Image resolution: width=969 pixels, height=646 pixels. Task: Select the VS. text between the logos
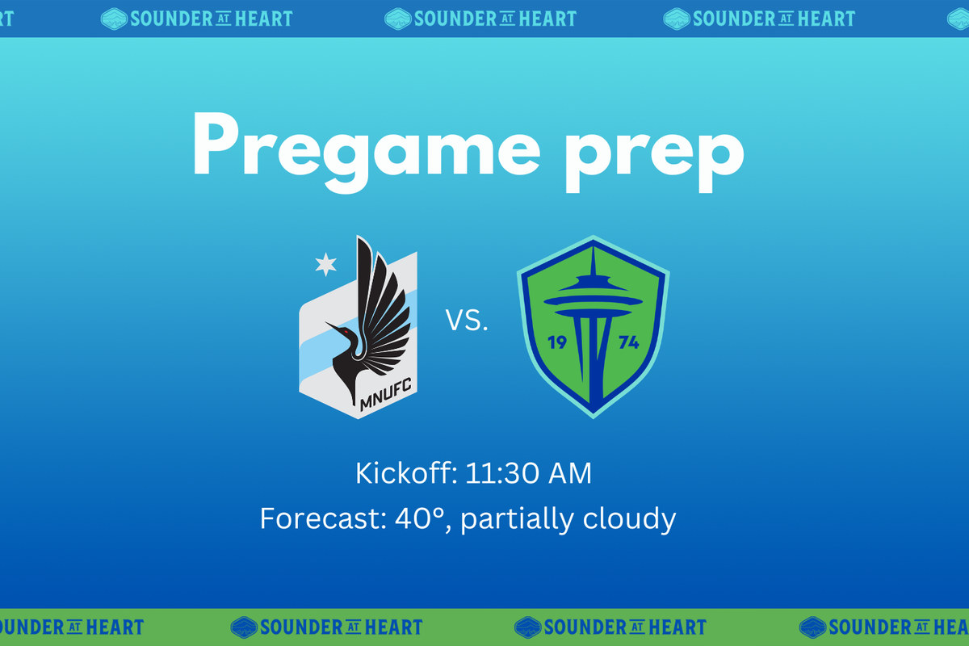pyautogui.click(x=467, y=322)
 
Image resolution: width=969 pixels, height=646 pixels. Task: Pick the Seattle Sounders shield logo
pyautogui.click(x=594, y=327)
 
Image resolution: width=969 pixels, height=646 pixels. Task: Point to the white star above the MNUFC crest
pyautogui.click(x=325, y=262)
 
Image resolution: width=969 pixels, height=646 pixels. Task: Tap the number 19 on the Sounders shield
pyautogui.click(x=557, y=342)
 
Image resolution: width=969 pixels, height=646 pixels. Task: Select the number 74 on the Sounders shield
pyautogui.click(x=628, y=342)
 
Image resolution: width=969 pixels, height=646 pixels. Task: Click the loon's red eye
pyautogui.click(x=346, y=331)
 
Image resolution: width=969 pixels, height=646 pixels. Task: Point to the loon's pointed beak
pyautogui.click(x=331, y=325)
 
